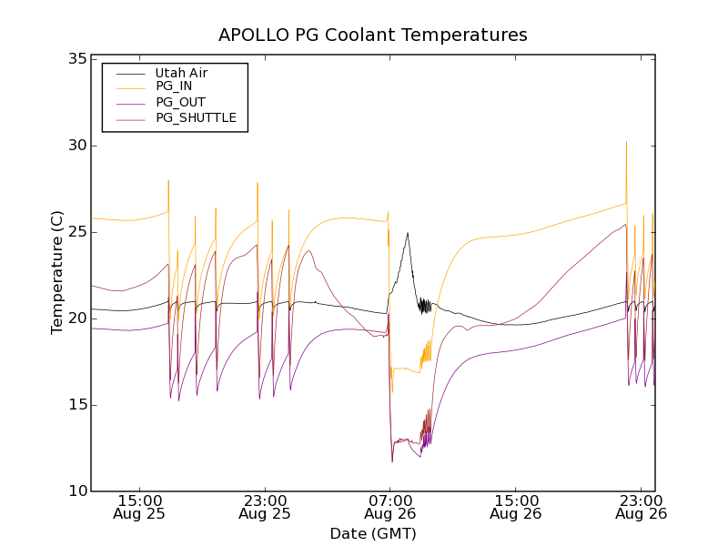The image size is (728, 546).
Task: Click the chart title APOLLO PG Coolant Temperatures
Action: point(372,35)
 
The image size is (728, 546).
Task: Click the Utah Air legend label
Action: point(181,72)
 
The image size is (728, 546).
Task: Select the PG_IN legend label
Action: point(174,86)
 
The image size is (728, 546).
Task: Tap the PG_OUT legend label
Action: point(180,102)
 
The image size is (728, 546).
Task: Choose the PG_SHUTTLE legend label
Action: point(196,117)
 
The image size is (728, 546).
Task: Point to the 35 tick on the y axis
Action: point(76,59)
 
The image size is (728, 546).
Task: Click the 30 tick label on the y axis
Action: point(76,146)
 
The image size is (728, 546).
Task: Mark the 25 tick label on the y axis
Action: point(76,232)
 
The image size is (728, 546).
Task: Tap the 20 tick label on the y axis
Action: point(76,318)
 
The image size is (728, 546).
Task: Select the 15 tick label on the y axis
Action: point(76,405)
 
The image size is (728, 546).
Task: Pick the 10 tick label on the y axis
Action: point(76,491)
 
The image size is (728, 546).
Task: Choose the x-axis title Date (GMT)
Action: point(372,533)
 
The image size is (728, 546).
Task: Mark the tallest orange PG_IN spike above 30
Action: point(626,143)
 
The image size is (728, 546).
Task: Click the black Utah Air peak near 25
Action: point(407,233)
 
